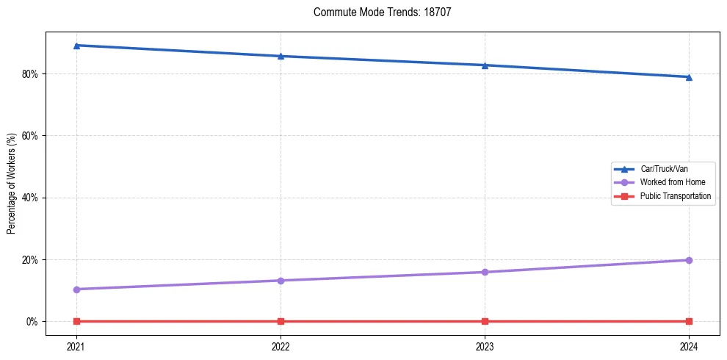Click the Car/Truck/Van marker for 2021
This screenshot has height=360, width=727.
point(76,46)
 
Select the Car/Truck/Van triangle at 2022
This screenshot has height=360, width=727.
point(281,56)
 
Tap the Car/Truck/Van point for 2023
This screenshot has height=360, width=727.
point(485,65)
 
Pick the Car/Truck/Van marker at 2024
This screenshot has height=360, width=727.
point(689,77)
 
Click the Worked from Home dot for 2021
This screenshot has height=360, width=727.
point(76,289)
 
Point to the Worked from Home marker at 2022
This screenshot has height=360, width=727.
point(281,281)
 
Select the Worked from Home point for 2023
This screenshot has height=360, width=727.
point(485,273)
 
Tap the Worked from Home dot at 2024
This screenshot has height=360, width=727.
point(689,260)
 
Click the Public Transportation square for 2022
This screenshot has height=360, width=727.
point(281,321)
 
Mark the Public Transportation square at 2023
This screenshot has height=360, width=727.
point(485,321)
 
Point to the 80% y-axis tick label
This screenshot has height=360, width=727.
point(30,74)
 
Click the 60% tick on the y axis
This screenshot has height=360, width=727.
point(30,136)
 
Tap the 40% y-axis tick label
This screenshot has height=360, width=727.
point(30,198)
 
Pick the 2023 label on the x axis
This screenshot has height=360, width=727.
point(485,346)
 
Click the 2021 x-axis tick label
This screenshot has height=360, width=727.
point(76,346)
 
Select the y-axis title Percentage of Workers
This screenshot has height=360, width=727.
point(12,180)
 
